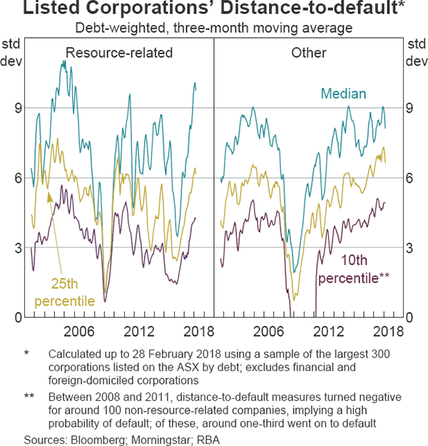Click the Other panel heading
click(309, 53)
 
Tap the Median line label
click(343, 93)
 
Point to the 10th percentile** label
click(354, 269)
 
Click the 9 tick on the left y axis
click(19, 108)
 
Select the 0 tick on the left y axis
click(19, 318)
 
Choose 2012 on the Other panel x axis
click(329, 332)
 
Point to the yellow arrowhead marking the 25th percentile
click(49, 198)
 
